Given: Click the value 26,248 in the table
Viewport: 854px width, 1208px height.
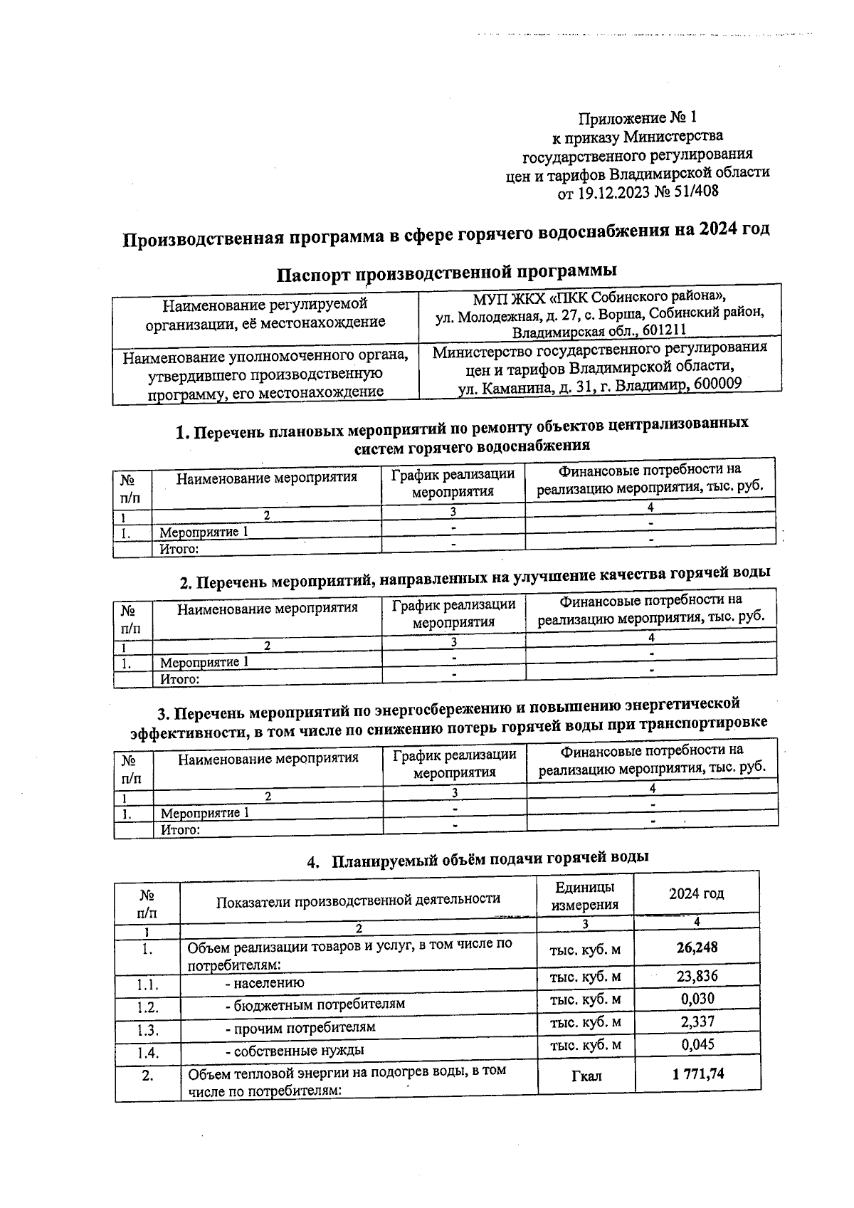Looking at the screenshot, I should click(x=697, y=947).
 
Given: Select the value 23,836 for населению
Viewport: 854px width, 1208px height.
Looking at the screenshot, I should click(x=697, y=975).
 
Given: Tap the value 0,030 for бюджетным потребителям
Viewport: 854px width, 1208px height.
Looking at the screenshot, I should click(x=697, y=999).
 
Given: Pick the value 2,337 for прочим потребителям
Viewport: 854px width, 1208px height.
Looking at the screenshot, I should click(x=697, y=1021).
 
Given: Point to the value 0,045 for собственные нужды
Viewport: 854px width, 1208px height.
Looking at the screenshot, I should click(x=697, y=1044).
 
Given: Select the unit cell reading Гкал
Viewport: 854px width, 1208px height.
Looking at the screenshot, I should click(x=586, y=1076).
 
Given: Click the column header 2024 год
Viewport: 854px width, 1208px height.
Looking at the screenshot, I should click(x=696, y=893).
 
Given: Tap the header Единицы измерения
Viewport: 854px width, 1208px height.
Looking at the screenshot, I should click(x=585, y=896).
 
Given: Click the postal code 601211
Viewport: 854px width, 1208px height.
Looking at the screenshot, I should click(x=663, y=332).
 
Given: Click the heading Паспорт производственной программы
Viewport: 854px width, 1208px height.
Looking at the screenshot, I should click(x=446, y=272).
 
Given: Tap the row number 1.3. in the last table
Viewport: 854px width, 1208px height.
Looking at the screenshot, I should click(x=147, y=1030).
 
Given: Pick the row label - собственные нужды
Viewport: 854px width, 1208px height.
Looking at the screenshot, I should click(x=295, y=1050).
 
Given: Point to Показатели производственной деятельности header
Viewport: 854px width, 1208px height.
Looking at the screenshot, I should click(x=358, y=899).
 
